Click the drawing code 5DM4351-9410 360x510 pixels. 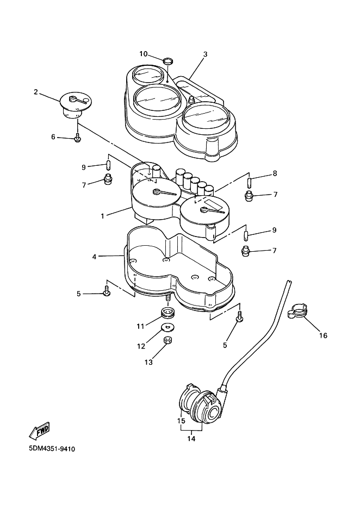[52, 449]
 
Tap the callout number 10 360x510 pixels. [144, 54]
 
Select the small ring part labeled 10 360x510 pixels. [168, 60]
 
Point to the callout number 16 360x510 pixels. [323, 335]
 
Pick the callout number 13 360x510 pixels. [148, 362]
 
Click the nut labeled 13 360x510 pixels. [168, 340]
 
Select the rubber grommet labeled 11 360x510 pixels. [168, 313]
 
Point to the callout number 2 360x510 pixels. [36, 92]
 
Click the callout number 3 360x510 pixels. [205, 54]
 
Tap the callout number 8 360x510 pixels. [275, 173]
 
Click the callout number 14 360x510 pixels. [191, 438]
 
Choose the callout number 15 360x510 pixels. [182, 420]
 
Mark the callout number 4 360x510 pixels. [94, 257]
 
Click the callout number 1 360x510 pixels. [102, 216]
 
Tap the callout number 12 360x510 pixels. [141, 346]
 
